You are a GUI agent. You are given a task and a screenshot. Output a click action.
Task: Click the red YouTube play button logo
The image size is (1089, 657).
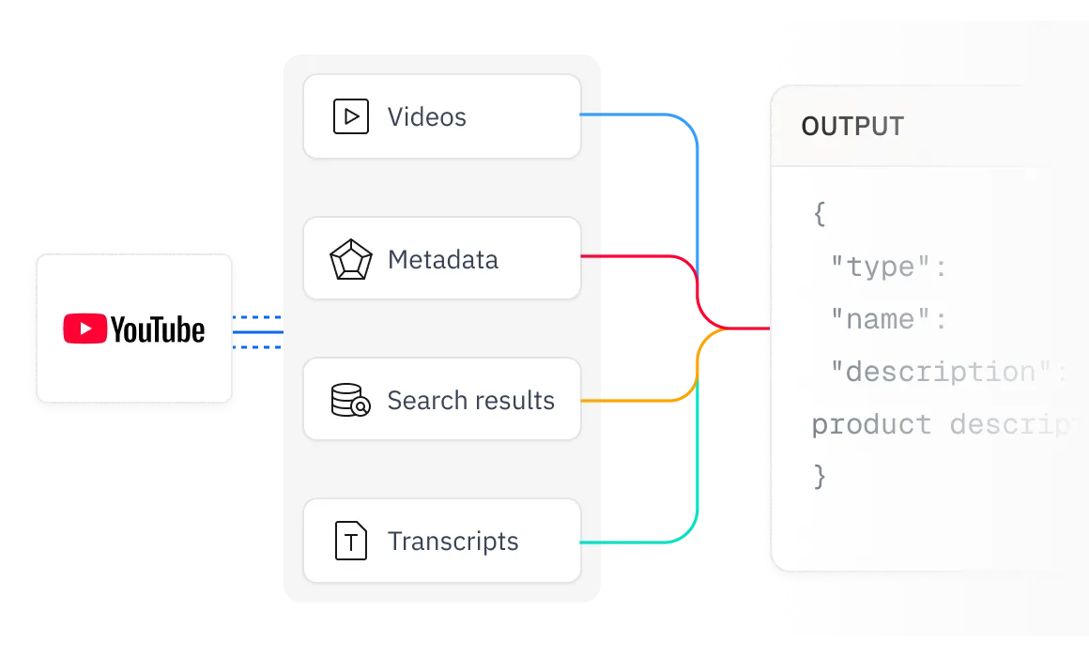tap(84, 329)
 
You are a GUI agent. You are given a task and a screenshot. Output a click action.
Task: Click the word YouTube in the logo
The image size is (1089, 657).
tap(157, 329)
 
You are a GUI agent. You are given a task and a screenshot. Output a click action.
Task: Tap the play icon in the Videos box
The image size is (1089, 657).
tap(351, 116)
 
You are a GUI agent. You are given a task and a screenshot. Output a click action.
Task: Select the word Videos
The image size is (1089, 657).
tap(426, 116)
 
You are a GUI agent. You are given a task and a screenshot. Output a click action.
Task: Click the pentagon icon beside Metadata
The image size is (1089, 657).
tap(351, 259)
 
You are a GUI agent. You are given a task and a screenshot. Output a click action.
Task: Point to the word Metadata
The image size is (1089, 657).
tap(442, 259)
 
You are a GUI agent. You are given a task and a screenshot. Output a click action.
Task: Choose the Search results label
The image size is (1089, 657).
tap(470, 401)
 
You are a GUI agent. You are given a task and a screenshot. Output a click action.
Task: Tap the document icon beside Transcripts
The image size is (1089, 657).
tap(351, 542)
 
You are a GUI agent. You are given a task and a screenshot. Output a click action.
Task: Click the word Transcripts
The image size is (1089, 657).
tap(452, 542)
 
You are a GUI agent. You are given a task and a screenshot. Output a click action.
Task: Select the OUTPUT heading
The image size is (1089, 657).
tap(852, 127)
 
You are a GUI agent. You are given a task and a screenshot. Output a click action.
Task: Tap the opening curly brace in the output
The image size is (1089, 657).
tap(820, 214)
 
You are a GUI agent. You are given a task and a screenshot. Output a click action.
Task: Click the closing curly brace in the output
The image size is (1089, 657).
tap(820, 477)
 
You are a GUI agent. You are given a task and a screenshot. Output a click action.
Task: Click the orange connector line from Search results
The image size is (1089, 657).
tap(638, 401)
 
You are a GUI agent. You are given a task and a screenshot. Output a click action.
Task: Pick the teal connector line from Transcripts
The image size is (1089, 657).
tap(638, 542)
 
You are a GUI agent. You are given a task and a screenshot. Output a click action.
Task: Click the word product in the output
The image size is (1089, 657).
tap(871, 425)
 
